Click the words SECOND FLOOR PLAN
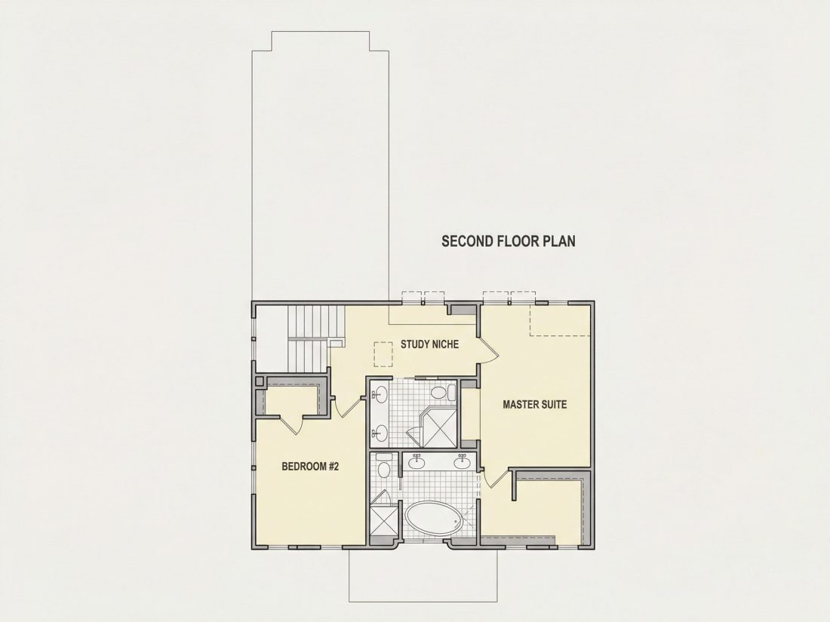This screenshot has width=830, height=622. [x=508, y=241]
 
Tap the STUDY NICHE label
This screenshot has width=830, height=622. [x=429, y=345]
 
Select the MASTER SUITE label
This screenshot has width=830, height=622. [x=535, y=405]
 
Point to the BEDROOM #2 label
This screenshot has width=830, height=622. [x=309, y=467]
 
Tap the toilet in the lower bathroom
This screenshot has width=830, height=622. [x=384, y=468]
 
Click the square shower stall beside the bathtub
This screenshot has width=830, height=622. [x=383, y=522]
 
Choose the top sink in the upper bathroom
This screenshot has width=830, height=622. [x=380, y=394]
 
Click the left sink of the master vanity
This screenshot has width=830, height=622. [x=417, y=462]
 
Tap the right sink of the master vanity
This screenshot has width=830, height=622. [x=462, y=462]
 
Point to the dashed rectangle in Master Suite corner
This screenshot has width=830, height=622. [x=560, y=320]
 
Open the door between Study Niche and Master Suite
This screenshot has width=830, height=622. [x=488, y=349]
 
